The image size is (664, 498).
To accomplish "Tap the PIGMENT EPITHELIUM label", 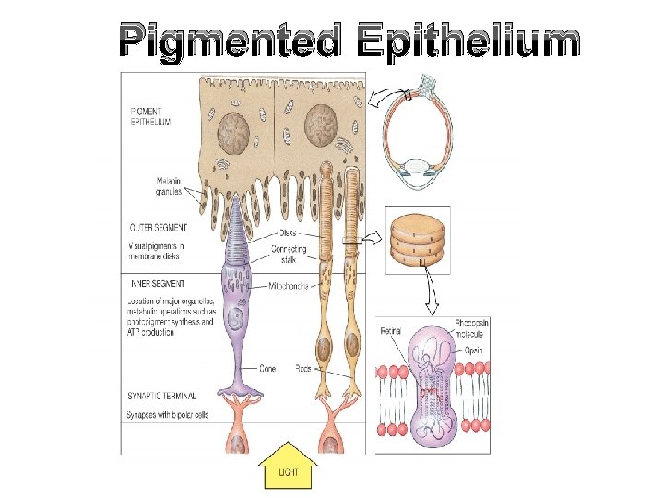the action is pyautogui.click(x=149, y=116).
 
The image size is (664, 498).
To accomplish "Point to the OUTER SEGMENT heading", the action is pyautogui.click(x=158, y=227).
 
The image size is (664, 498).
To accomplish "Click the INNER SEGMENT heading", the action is pyautogui.click(x=157, y=284).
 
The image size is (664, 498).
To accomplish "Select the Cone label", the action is pyautogui.click(x=267, y=369).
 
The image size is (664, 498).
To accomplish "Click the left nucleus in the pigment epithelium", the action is pyautogui.click(x=234, y=129).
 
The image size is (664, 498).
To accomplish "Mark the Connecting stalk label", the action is pyautogui.click(x=290, y=256).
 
